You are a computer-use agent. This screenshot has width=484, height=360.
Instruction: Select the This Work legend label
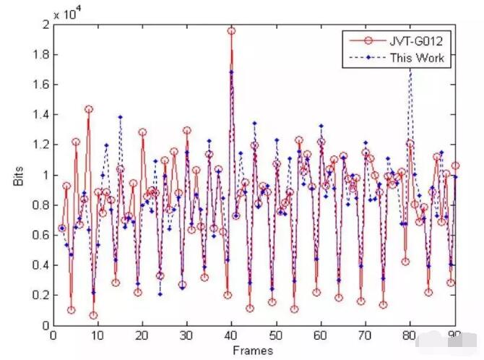point(416,56)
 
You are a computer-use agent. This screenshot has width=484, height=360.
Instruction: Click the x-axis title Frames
point(254,351)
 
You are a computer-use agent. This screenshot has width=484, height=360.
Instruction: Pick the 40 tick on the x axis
point(232,335)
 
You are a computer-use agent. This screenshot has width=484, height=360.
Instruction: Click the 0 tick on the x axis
point(53,335)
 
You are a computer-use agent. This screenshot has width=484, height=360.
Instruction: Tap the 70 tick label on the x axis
point(366,335)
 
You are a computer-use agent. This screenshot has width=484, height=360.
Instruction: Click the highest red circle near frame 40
point(232,31)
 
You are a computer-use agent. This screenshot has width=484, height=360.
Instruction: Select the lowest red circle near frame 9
point(93,315)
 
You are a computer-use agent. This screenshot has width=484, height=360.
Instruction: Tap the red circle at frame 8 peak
point(89,109)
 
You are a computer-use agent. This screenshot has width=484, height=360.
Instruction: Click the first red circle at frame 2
point(62,228)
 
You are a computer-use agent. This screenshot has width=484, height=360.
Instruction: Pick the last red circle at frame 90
point(455,166)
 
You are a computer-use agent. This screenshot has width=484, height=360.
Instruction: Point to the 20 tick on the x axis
point(142,335)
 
